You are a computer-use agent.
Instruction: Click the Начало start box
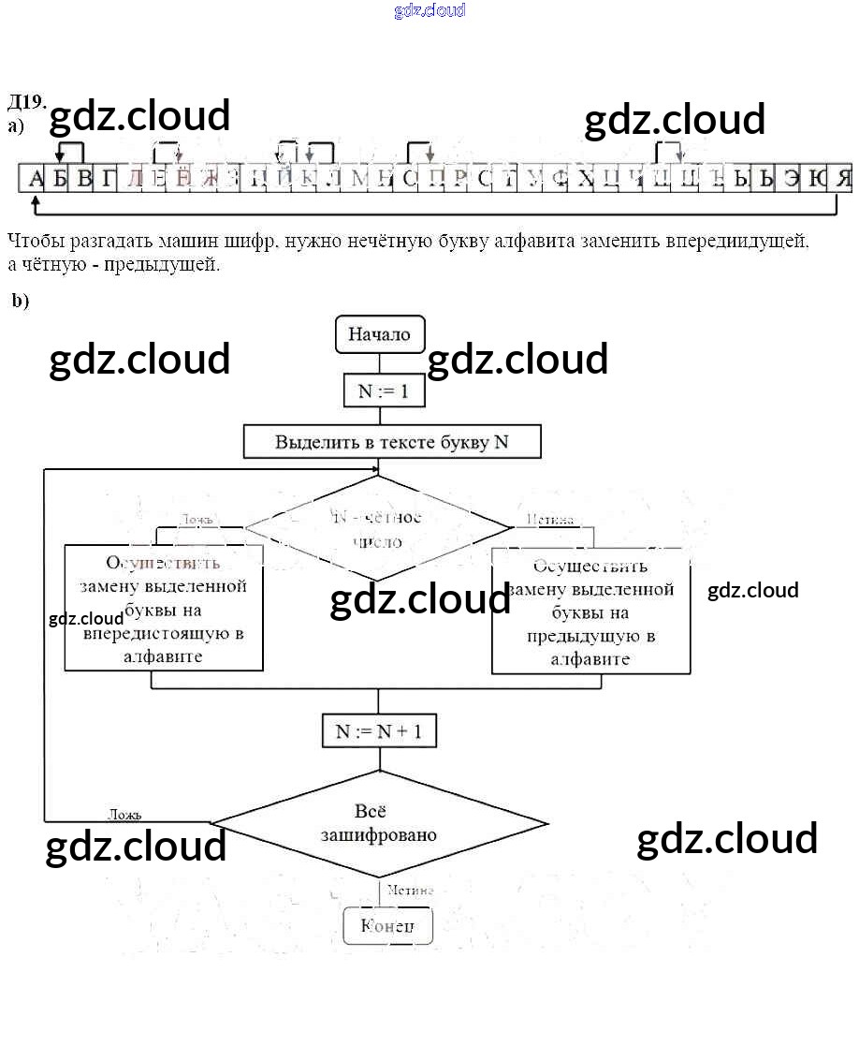[379, 334]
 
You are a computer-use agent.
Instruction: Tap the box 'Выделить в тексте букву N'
[391, 442]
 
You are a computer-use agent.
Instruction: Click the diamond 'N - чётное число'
[378, 529]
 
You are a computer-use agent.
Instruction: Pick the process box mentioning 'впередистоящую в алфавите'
[163, 609]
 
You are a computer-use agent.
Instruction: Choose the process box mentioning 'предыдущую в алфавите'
[590, 612]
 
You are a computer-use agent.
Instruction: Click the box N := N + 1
[378, 731]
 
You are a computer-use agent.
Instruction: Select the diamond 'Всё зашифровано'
[378, 823]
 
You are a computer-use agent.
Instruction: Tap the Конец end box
[387, 926]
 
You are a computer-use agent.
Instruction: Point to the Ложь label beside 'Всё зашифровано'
[124, 815]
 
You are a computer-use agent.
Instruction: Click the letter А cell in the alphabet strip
[36, 179]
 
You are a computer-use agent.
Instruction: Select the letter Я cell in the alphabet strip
[843, 179]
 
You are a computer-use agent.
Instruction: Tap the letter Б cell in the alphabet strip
[60, 179]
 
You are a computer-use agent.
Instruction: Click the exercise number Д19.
[26, 102]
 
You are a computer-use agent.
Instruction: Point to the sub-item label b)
[20, 301]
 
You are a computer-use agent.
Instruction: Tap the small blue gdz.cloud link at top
[429, 11]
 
